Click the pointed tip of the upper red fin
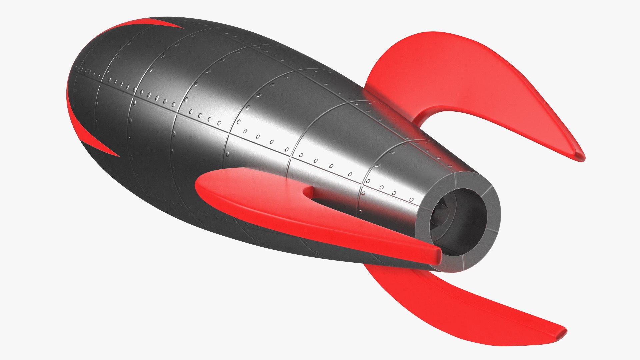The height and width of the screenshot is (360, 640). tap(579, 157)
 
